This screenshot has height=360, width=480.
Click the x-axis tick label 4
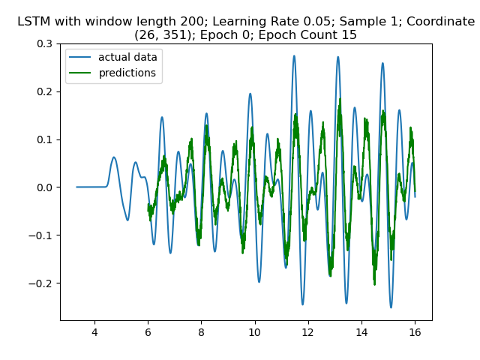pyautogui.click(x=94, y=331)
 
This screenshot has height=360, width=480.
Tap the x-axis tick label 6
pyautogui.click(x=148, y=331)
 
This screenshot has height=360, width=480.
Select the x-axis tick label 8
pyautogui.click(x=201, y=331)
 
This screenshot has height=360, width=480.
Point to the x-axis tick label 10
pyautogui.click(x=255, y=331)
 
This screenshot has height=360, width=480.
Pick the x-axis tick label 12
pyautogui.click(x=308, y=331)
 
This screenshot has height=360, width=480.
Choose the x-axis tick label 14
pyautogui.click(x=361, y=331)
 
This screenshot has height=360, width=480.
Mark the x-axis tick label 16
pyautogui.click(x=415, y=331)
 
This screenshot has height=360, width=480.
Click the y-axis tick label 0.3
pyautogui.click(x=46, y=43)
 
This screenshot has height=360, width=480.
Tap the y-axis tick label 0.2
pyautogui.click(x=46, y=91)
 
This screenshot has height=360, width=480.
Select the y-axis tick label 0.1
pyautogui.click(x=46, y=139)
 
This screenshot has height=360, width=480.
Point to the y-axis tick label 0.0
pyautogui.click(x=46, y=187)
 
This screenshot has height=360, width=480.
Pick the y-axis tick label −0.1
pyautogui.click(x=43, y=235)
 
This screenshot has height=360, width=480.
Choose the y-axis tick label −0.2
pyautogui.click(x=43, y=283)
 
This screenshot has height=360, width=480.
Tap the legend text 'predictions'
pyautogui.click(x=127, y=73)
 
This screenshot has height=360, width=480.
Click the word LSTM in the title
pyautogui.click(x=34, y=22)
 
